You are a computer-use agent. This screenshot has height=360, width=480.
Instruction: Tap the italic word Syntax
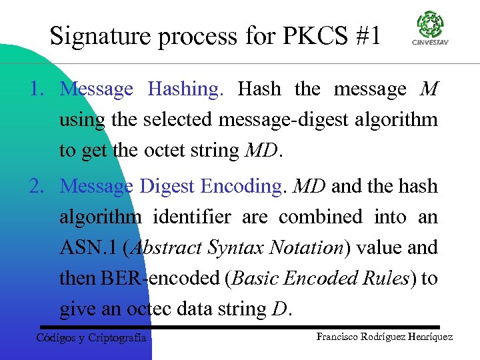[237, 248]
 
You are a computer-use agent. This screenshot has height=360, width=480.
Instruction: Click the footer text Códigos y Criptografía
[91, 339]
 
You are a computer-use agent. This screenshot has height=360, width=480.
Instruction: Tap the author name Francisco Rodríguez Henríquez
[385, 337]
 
